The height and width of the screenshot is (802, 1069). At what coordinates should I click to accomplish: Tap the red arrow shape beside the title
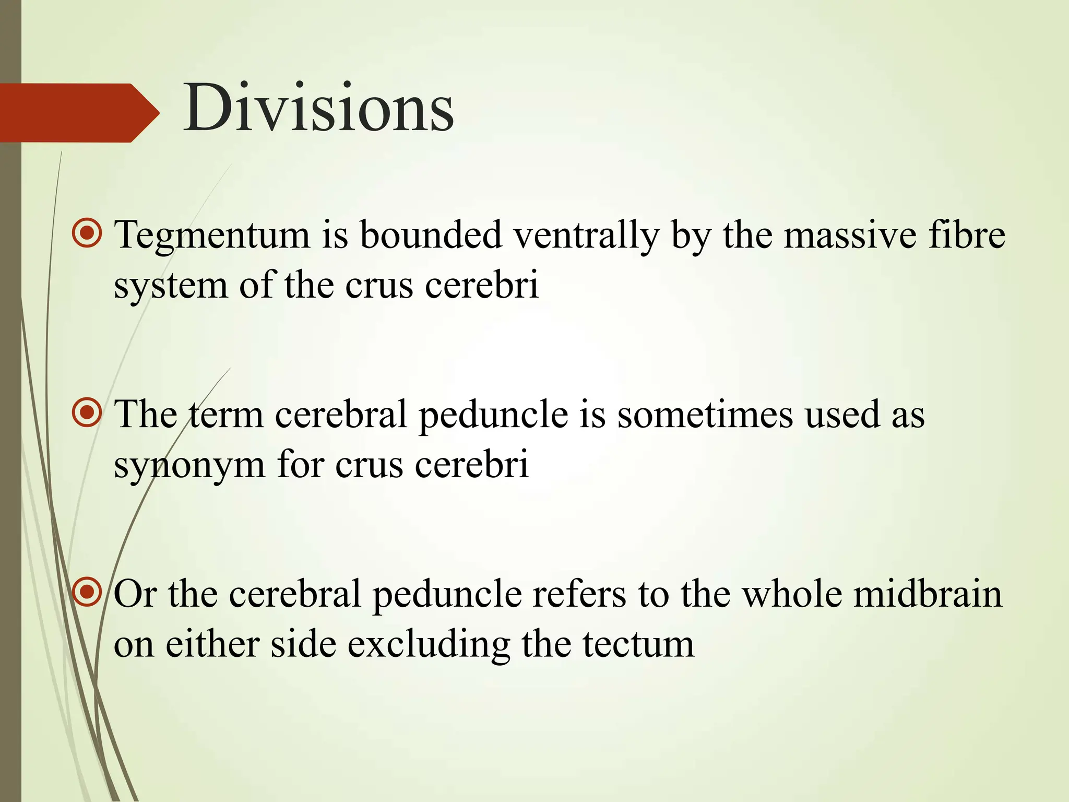coord(78,113)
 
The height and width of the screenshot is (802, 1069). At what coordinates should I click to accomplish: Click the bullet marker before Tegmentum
coord(87,233)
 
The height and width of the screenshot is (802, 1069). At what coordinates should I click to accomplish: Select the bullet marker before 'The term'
coord(87,413)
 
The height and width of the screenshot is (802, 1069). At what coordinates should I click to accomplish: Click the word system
coord(171,286)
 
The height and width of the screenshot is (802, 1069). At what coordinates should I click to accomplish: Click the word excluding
coord(429,645)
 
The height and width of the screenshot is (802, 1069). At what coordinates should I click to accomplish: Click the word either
coord(212,645)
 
